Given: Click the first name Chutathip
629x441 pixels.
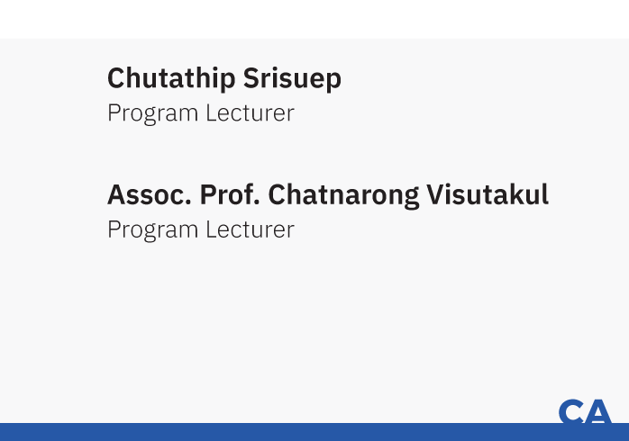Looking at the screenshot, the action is coord(171,79).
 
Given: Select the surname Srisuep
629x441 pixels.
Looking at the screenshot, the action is coord(292,79).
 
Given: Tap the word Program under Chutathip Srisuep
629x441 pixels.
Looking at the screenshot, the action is coord(153,113).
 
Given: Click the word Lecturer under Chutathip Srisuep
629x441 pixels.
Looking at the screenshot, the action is coord(251,113).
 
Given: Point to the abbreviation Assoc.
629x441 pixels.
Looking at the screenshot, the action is coord(150,195).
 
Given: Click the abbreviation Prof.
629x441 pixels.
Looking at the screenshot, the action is coord(230,195).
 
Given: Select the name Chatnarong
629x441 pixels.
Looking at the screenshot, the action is coord(343,196).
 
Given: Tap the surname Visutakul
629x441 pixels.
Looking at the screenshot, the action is coord(488,194).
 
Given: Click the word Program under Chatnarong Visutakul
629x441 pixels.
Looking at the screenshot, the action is coord(153,230).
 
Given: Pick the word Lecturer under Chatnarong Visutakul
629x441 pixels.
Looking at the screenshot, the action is coord(251,229).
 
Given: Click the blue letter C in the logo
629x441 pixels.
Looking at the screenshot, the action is coord(571,411).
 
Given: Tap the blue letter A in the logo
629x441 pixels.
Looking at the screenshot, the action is coord(598,411).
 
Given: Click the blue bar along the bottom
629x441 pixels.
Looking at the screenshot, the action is coord(314,432).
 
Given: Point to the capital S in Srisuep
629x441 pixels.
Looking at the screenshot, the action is coord(251,77).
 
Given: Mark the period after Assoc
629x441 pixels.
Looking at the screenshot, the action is coord(188,203).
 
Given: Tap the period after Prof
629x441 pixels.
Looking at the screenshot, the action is coord(256,203).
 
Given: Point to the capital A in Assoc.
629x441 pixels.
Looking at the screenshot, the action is coord(117,195).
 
